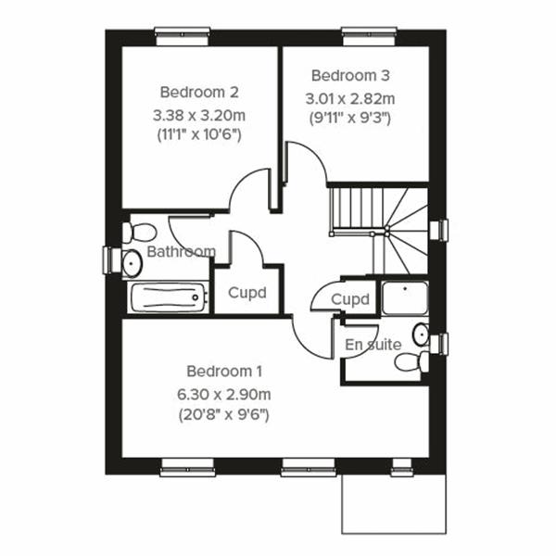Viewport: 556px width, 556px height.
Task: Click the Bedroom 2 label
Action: click(199, 92)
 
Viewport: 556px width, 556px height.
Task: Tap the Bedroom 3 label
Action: click(350, 75)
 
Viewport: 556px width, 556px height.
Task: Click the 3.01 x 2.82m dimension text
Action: click(350, 97)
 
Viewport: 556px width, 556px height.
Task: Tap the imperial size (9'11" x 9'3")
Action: click(350, 118)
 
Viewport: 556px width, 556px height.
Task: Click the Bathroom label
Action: click(181, 251)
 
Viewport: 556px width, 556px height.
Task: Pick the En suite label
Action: click(373, 345)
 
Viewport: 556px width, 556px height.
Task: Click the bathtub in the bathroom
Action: click(167, 298)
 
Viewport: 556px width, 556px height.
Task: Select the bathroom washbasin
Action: click(131, 262)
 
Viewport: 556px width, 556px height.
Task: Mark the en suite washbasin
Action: click(420, 333)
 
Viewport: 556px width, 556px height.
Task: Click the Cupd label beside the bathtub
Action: click(247, 293)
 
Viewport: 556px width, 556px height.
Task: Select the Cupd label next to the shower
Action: click(350, 299)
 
